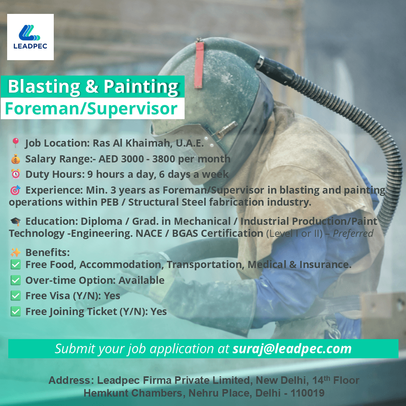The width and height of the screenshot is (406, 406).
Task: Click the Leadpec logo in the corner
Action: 30,37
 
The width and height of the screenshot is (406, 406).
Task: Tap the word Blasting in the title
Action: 44,86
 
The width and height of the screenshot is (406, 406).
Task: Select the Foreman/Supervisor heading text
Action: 91,109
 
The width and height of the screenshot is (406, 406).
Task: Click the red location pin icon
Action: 15,143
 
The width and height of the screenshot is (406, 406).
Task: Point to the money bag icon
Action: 15,159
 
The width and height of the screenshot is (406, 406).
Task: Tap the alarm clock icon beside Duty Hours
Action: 15,174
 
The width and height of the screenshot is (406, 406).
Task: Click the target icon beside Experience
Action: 15,190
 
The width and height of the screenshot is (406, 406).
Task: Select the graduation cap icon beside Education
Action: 15,221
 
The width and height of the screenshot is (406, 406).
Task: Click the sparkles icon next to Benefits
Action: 15,252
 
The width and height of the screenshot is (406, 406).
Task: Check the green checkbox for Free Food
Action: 15,265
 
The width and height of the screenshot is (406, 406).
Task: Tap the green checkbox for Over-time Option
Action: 15,280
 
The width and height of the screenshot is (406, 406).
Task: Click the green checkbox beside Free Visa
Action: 15,296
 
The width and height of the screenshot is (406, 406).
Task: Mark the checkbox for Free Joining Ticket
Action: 15,312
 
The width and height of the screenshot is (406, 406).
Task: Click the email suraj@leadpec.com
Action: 292,348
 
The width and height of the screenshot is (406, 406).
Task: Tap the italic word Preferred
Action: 353,233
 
